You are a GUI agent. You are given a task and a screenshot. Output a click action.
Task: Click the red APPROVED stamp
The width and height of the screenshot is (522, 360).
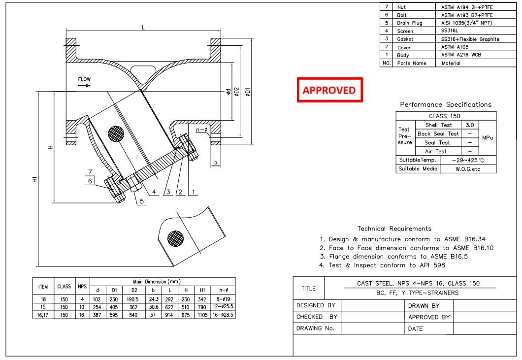[329, 90]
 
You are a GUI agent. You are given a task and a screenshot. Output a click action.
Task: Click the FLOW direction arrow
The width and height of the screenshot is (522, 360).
[84, 85]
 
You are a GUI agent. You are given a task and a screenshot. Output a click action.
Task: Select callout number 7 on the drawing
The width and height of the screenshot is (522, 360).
[90, 172]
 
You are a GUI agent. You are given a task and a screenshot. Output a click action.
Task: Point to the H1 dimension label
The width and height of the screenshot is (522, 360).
[35, 180]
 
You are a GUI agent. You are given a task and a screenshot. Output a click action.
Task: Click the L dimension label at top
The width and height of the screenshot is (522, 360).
[143, 28]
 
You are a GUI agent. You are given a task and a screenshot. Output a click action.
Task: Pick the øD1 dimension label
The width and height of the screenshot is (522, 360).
[248, 92]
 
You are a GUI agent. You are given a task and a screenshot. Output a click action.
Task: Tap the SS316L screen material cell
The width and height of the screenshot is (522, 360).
[453, 31]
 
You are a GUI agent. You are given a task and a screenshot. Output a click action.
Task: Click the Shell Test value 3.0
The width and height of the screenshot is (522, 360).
[470, 125]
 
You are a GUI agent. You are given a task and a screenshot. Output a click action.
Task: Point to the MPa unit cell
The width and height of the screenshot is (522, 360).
[487, 138]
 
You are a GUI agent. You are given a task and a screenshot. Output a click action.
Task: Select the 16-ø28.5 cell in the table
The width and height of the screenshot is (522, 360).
[224, 315]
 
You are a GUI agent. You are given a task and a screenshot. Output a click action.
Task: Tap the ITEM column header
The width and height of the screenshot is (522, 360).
[43, 286]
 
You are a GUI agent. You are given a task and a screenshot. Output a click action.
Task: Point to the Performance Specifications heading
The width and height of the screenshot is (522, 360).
[445, 104]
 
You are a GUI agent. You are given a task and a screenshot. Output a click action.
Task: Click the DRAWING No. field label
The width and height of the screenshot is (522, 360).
[315, 328]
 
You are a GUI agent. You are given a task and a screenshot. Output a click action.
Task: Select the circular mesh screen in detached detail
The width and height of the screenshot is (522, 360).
[175, 238]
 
